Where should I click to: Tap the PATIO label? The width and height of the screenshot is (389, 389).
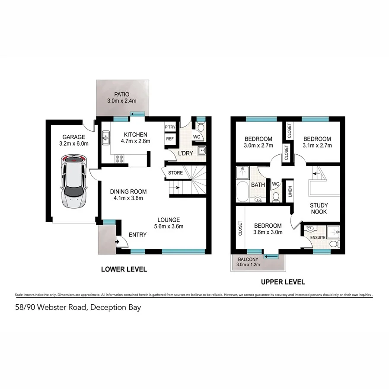pos(122,94)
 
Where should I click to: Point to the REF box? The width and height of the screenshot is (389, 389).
pos(169,139)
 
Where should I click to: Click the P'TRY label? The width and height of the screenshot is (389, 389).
pos(169,128)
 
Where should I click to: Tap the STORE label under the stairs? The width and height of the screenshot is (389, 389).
pos(175,173)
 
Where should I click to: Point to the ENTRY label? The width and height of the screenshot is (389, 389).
pos(138,235)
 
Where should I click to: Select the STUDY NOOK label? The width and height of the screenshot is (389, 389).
pos(319,209)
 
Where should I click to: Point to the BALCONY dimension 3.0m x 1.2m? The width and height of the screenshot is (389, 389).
pos(249,265)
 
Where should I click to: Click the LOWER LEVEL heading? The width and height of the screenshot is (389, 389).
pos(124,269)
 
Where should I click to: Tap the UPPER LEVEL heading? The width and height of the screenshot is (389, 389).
pos(283,282)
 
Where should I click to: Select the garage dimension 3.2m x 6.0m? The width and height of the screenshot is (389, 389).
pos(74,144)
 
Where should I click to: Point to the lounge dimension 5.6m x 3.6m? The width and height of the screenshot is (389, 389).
pos(169,226)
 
